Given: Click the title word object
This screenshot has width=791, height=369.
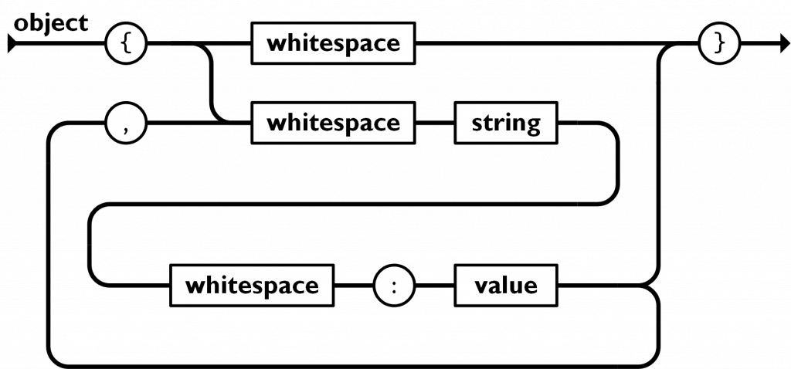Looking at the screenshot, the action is [x=50, y=24].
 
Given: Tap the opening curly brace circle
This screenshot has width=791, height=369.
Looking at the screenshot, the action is [x=126, y=43].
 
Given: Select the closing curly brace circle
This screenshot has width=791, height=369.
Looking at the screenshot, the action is [x=719, y=43].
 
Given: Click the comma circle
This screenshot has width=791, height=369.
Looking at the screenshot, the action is [x=126, y=123].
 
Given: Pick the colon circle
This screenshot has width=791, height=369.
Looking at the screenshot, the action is [x=394, y=286].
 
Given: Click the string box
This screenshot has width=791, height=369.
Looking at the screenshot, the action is [x=506, y=123].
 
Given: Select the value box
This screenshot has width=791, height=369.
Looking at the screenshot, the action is [x=506, y=286].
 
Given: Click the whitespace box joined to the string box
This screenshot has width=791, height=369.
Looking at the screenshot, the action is [x=333, y=123].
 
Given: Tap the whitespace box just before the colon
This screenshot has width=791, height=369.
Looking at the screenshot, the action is [x=252, y=286].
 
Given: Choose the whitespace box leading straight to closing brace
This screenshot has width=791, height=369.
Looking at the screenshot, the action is [x=333, y=43].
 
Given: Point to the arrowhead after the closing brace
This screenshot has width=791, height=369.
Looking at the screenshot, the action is [x=785, y=44].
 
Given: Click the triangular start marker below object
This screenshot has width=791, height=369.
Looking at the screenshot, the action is [x=12, y=44].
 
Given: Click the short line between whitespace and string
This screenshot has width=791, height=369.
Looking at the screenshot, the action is [x=435, y=123].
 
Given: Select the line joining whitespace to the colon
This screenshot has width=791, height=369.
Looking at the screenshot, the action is [x=354, y=286].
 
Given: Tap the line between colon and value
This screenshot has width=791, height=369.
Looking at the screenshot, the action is [x=434, y=286].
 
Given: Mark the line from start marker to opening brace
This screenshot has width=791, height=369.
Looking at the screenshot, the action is [x=60, y=44].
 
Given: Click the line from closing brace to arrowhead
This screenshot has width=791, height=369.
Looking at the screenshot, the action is [x=760, y=44].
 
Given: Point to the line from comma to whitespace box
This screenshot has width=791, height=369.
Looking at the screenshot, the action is [x=199, y=123].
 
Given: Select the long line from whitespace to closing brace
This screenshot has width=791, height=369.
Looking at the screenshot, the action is [x=557, y=44].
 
